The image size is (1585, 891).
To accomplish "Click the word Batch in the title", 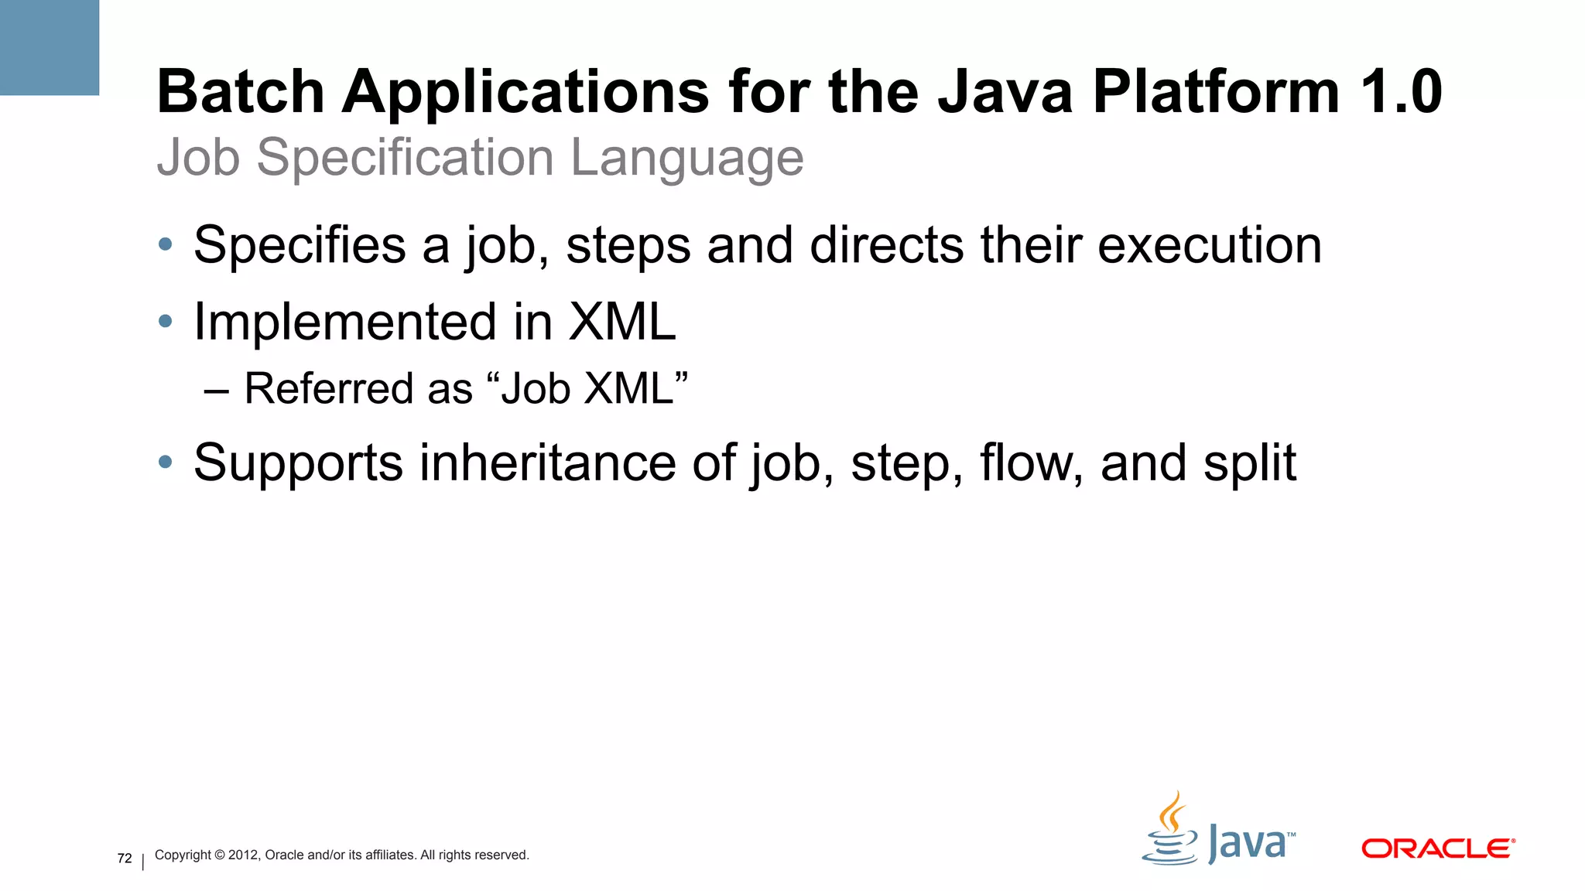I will (240, 92).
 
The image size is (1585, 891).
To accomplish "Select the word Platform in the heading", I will (1215, 92).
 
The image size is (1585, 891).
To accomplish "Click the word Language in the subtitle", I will (686, 159).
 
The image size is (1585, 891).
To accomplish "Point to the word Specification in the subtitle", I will (405, 159).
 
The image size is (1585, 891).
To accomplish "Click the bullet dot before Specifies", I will (165, 245).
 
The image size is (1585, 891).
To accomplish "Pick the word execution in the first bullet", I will (1209, 245).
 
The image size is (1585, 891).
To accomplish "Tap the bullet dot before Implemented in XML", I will (165, 321).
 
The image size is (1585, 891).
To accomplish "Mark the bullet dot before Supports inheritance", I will (165, 463).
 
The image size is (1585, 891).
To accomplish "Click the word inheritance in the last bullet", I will (548, 463).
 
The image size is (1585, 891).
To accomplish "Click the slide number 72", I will (125, 859).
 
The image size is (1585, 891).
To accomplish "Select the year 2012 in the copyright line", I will (243, 855).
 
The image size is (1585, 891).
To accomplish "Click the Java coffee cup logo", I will (1171, 831).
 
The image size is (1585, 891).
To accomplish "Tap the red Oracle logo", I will (1437, 848).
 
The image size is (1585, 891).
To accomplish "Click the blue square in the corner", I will (50, 47).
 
